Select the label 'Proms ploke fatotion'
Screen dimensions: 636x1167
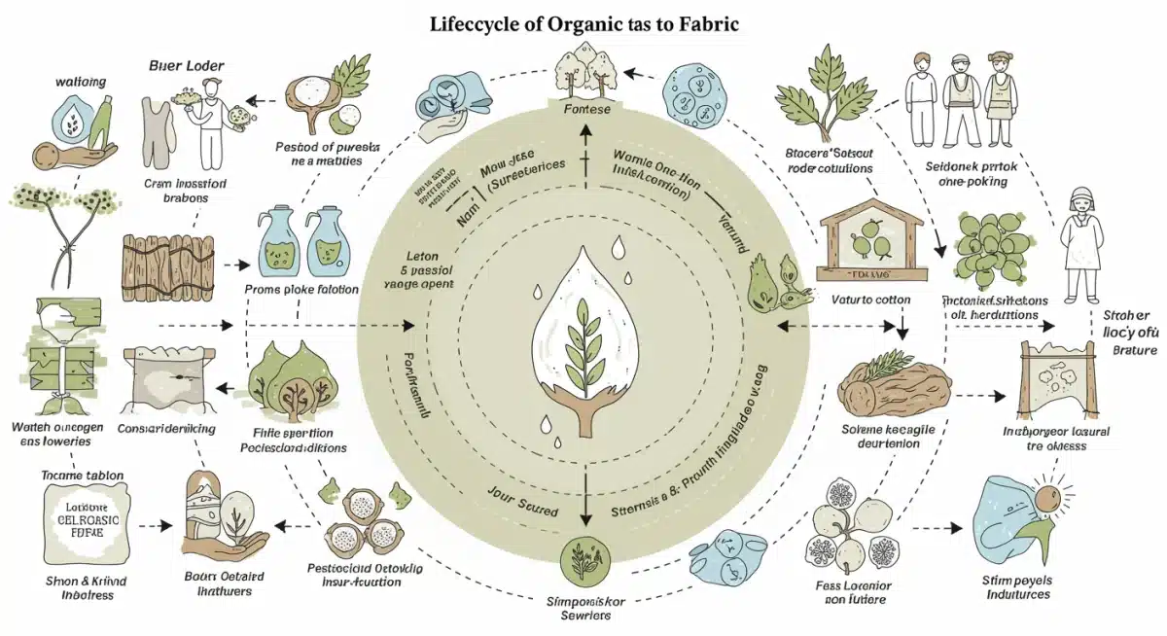click(x=301, y=290)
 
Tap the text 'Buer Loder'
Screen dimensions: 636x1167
click(x=187, y=65)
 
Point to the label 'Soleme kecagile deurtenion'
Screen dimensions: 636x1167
click(x=885, y=436)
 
